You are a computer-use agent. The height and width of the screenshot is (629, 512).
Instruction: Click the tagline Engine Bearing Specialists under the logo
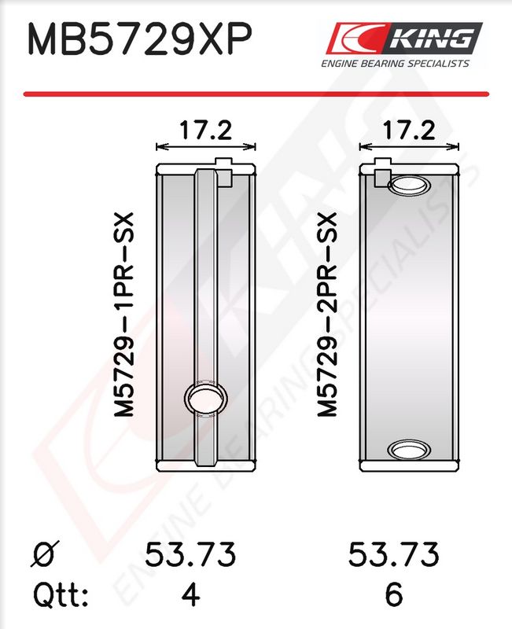pos(395,64)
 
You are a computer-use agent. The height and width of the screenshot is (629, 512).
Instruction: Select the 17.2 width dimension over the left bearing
pos(205,131)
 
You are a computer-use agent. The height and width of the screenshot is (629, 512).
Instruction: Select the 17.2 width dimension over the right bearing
pos(408,131)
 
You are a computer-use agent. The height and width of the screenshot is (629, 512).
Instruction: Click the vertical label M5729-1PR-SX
pos(123,314)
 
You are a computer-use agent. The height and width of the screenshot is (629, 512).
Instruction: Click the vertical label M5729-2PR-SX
pos(326,314)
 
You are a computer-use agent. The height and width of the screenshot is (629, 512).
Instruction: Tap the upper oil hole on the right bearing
pos(409,185)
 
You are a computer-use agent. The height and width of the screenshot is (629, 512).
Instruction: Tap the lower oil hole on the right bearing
pos(409,449)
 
